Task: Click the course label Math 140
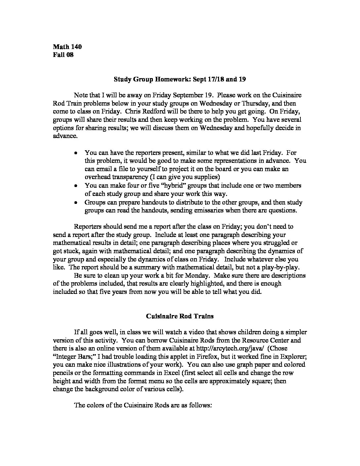coord(67,46)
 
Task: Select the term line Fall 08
coord(63,55)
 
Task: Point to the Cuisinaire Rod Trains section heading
coord(180,316)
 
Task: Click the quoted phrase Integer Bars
coord(72,356)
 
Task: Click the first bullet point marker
coord(76,153)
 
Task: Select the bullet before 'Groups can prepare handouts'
coord(76,202)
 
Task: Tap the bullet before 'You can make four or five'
coord(76,186)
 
